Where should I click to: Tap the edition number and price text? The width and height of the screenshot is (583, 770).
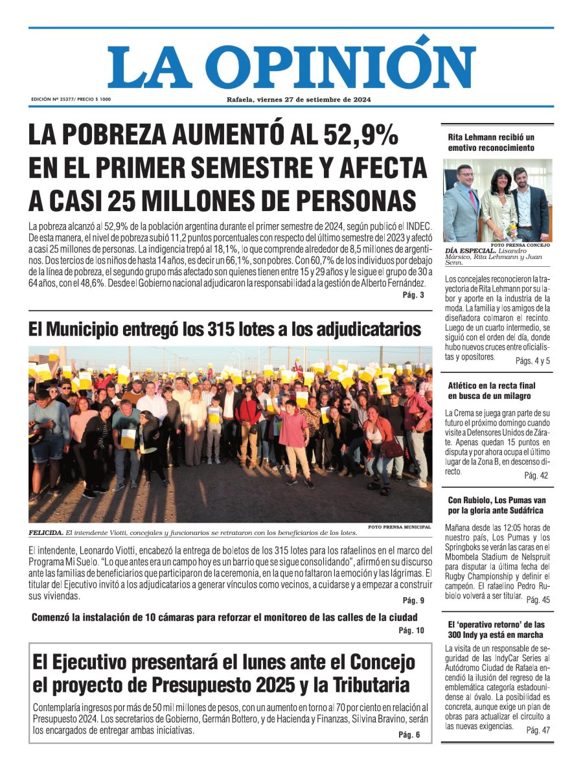[x=71, y=100]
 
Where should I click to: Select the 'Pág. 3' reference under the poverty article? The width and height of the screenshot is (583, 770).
[x=413, y=295]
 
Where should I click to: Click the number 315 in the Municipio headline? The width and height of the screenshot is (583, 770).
[x=226, y=330]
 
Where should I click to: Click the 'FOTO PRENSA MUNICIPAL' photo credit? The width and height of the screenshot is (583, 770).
[x=399, y=527]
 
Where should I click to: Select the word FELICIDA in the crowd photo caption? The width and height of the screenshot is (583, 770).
[x=45, y=533]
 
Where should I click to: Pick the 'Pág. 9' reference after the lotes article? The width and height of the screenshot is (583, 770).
[x=413, y=600]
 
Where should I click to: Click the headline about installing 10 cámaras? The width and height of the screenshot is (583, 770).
[x=224, y=617]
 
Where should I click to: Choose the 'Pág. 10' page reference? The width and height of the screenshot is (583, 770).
[x=411, y=630]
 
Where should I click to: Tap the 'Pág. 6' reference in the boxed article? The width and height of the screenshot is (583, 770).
[x=409, y=734]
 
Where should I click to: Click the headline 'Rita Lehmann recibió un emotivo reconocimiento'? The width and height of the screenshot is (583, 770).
[x=491, y=142]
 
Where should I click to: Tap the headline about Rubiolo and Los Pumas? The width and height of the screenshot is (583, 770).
[x=497, y=505]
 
